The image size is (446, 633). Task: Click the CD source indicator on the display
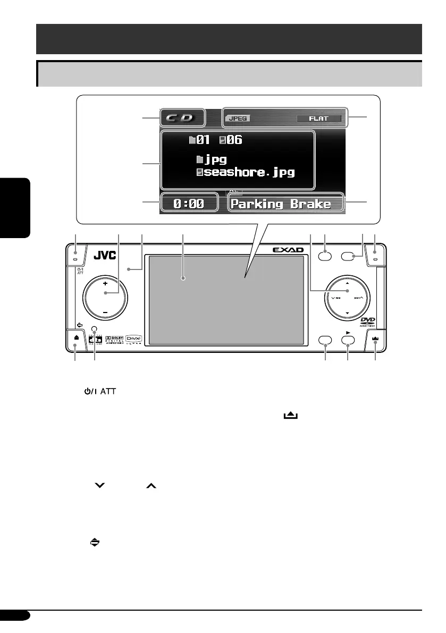coord(182,117)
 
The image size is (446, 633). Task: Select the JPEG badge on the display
coord(239,119)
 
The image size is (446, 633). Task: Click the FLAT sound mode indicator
coord(318,119)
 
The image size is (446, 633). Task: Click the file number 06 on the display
coord(234,140)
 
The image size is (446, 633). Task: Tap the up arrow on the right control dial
coord(347,283)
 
